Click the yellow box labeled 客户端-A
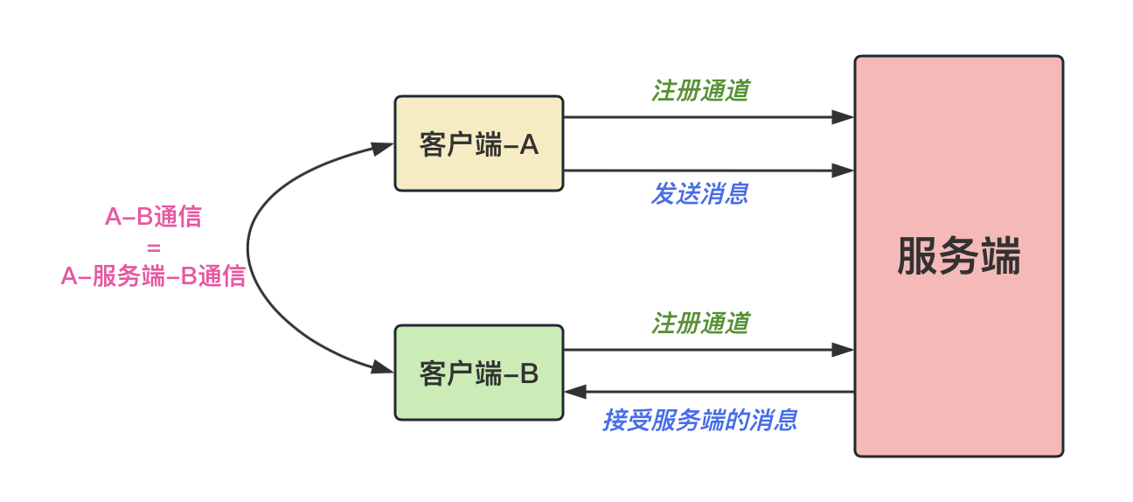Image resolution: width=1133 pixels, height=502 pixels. [478, 143]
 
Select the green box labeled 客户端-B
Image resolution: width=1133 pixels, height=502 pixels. [478, 373]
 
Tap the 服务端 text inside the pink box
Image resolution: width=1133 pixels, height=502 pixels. [958, 256]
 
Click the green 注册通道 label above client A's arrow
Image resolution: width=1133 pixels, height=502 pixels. [700, 91]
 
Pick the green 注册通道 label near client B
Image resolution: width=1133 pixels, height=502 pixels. [700, 324]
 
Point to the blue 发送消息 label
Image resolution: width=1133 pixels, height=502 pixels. [699, 194]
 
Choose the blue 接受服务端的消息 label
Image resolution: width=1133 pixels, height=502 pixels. [699, 421]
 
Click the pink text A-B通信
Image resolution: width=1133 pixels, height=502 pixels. [153, 217]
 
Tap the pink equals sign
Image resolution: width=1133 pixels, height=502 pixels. [154, 248]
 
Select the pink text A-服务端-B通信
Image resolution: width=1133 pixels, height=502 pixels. [153, 276]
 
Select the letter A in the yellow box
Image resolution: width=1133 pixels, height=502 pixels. [529, 145]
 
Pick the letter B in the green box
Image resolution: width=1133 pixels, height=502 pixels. [529, 374]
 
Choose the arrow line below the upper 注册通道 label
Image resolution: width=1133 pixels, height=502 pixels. [709, 117]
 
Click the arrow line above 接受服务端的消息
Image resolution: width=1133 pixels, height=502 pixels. [709, 392]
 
